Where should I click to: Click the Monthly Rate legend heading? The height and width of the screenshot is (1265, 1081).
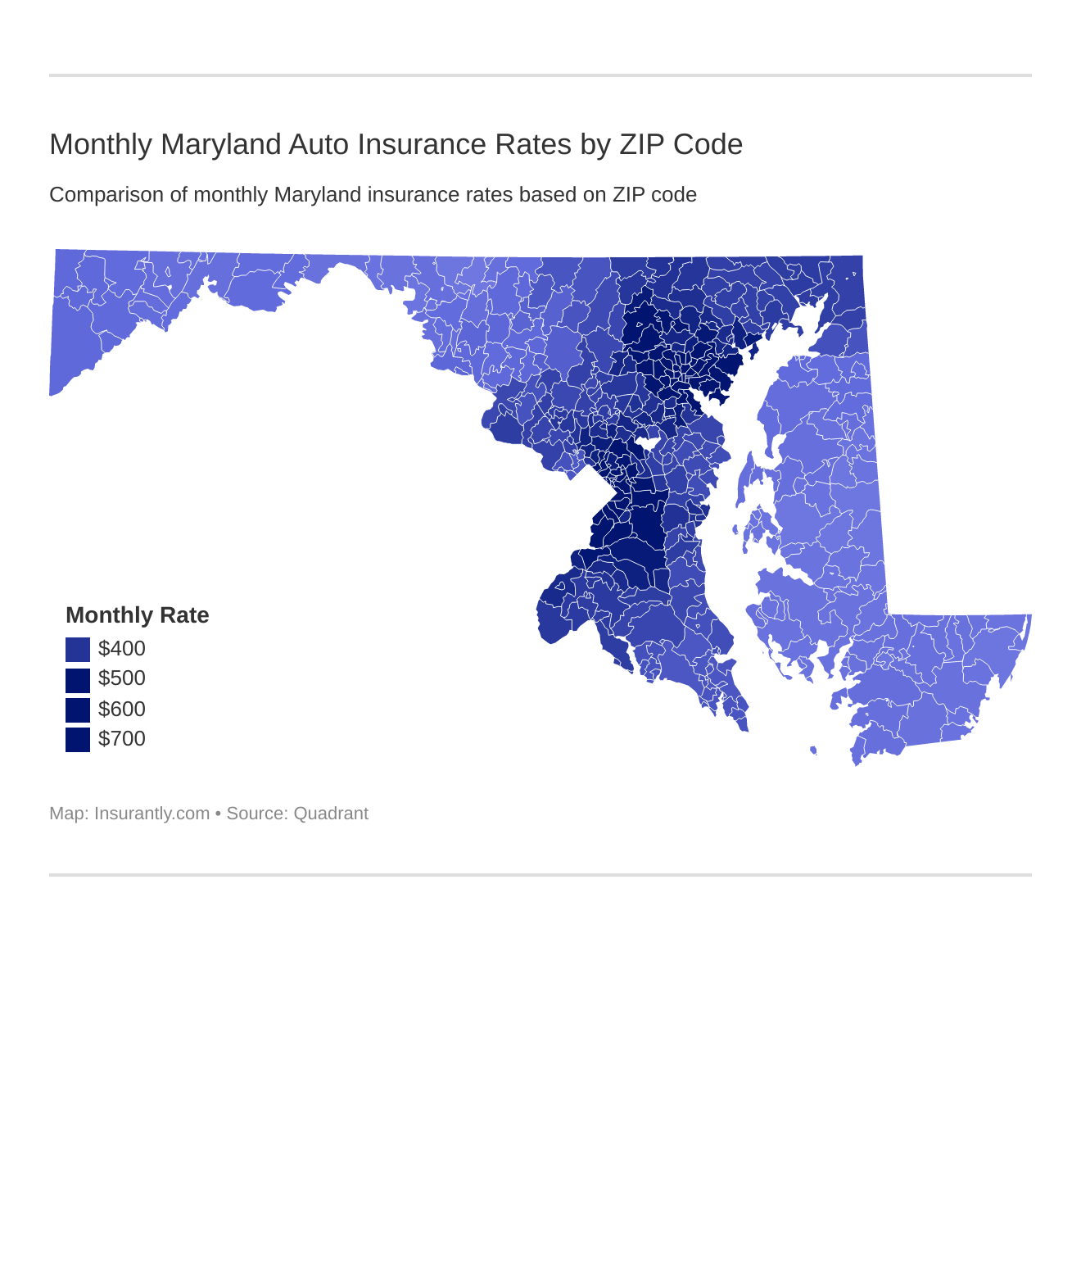(x=137, y=615)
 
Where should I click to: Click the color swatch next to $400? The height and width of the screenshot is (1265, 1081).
(x=78, y=650)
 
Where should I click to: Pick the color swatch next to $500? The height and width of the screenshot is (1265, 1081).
(x=78, y=680)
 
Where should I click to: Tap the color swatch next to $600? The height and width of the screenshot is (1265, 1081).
(x=78, y=710)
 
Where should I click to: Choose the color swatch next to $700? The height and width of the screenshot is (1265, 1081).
(x=78, y=739)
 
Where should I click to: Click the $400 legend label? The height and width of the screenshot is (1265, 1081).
(x=121, y=649)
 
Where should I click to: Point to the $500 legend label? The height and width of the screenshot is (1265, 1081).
(x=121, y=678)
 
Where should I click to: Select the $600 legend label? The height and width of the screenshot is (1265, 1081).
(x=121, y=710)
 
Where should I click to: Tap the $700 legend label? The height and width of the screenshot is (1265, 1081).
(x=121, y=739)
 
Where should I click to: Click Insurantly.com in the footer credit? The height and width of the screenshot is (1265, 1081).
(x=152, y=814)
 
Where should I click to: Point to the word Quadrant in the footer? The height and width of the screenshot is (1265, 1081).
(x=331, y=814)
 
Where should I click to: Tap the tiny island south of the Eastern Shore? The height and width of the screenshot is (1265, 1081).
(x=813, y=750)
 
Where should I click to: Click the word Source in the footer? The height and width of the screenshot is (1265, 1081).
(x=255, y=814)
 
